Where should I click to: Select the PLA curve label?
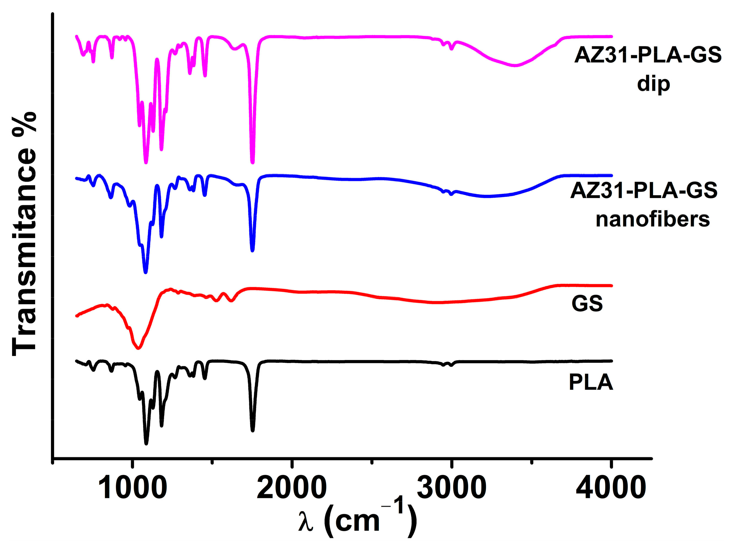[x=591, y=382]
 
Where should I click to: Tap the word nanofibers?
[x=652, y=219]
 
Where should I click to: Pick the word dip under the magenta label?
[x=654, y=83]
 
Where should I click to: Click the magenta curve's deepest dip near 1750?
[x=252, y=162]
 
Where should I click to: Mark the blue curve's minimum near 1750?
[x=252, y=251]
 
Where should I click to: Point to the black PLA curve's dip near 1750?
[x=252, y=430]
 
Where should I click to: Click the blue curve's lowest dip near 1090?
[x=146, y=272]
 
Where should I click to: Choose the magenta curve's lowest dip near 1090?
[x=146, y=162]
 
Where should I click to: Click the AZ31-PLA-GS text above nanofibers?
[x=644, y=191]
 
